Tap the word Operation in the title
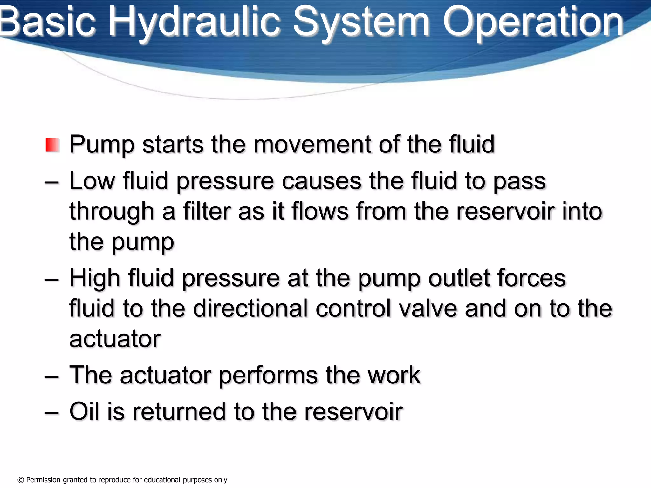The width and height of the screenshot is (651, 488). [x=533, y=22]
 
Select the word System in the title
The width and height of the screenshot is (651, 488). [x=361, y=22]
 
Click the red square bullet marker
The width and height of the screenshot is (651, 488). [x=52, y=145]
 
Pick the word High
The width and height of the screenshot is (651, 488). [x=95, y=278]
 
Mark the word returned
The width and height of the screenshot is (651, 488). [x=178, y=411]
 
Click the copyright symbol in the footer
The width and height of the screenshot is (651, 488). [x=21, y=480]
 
